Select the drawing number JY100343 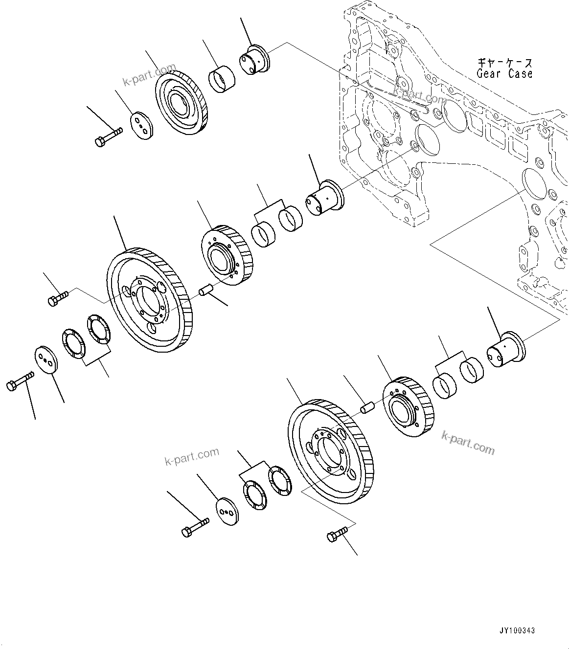click(x=517, y=630)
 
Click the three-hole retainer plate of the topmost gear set click(x=142, y=125)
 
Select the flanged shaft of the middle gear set click(x=324, y=199)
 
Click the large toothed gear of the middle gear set click(x=149, y=299)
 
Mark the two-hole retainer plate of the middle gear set click(x=46, y=361)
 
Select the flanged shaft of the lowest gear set click(x=505, y=349)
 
